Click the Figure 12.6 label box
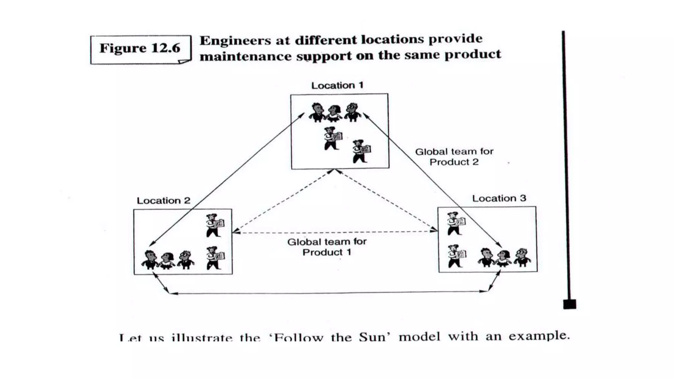pyautogui.click(x=141, y=49)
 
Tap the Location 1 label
pyautogui.click(x=337, y=86)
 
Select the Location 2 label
pyautogui.click(x=164, y=201)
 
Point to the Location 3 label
pyautogui.click(x=499, y=198)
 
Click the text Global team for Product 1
pyautogui.click(x=327, y=247)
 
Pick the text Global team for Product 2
pyautogui.click(x=454, y=157)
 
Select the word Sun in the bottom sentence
pyautogui.click(x=372, y=337)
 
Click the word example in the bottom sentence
pyautogui.click(x=539, y=336)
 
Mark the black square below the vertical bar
pyautogui.click(x=570, y=304)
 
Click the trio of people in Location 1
pyautogui.click(x=334, y=113)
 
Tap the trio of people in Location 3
pyautogui.click(x=504, y=257)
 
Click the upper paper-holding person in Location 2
pyautogui.click(x=215, y=225)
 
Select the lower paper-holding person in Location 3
pyautogui.click(x=456, y=256)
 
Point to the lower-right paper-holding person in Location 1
pyautogui.click(x=361, y=151)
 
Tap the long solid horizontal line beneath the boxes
pyautogui.click(x=329, y=292)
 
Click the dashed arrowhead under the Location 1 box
pyautogui.click(x=335, y=171)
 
